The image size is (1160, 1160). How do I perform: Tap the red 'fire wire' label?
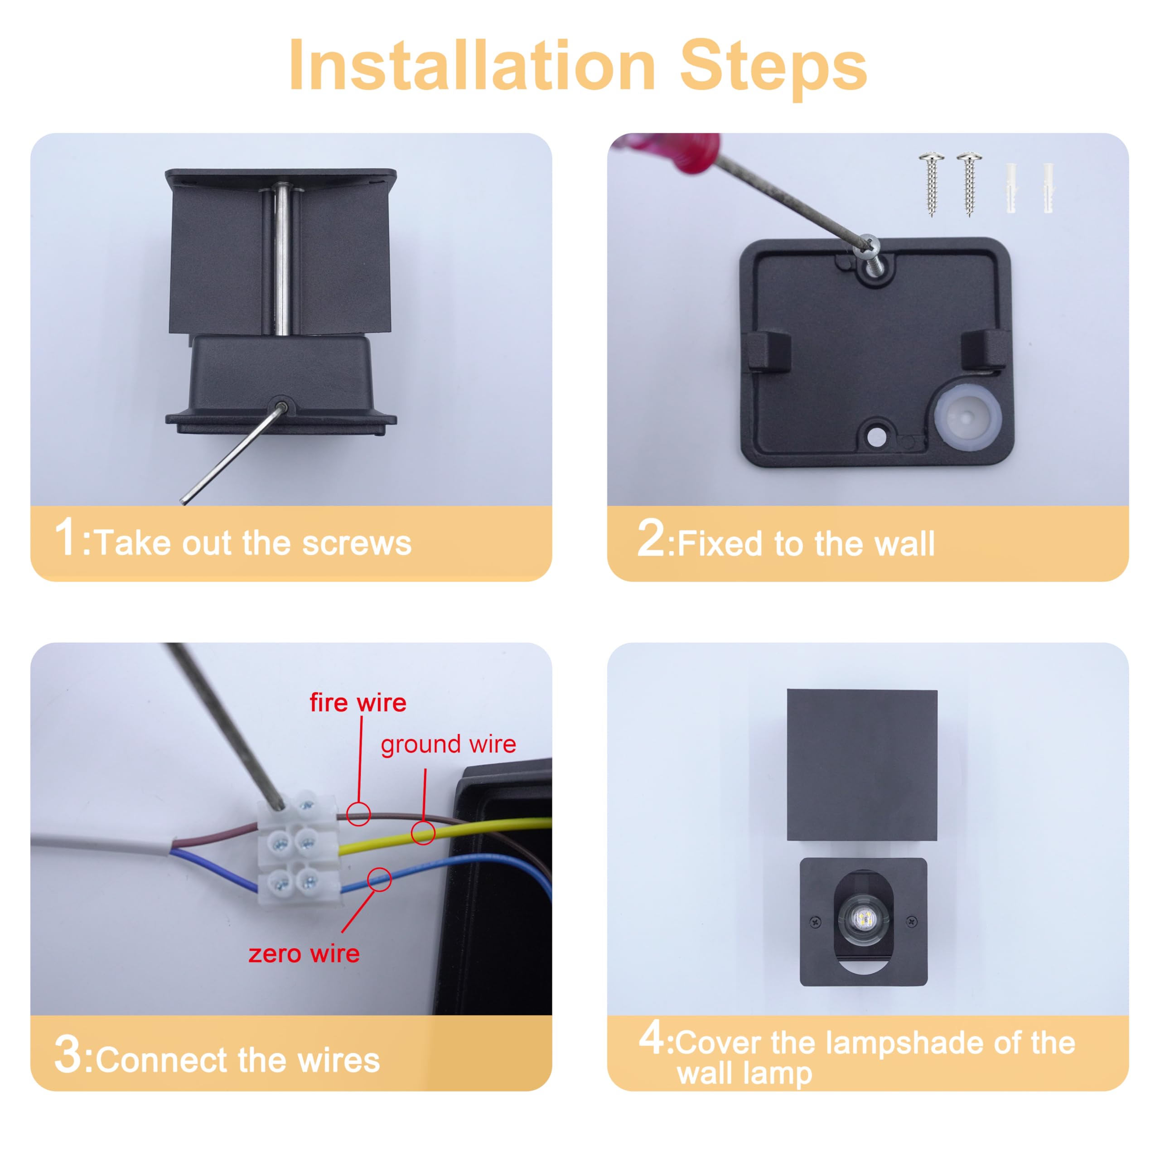click(x=358, y=702)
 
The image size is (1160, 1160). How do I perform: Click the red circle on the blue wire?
click(x=379, y=880)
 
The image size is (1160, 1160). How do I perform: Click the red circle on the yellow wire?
click(x=423, y=833)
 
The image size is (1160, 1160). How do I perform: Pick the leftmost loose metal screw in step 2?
click(x=931, y=184)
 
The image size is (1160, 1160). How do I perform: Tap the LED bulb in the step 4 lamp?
click(x=863, y=918)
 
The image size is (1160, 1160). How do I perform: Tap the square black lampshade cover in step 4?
click(x=862, y=765)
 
